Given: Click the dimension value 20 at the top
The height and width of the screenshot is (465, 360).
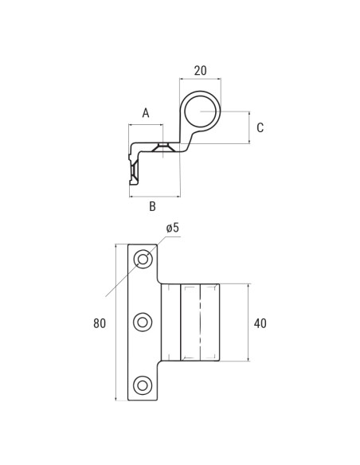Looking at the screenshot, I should click(x=200, y=71).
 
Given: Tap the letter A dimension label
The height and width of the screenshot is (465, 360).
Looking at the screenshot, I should click(x=146, y=113).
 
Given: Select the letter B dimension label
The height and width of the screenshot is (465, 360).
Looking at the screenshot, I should click(x=152, y=207).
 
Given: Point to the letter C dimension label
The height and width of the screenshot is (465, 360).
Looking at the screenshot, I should click(x=260, y=127).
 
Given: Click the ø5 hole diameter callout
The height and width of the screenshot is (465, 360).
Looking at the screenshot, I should click(x=173, y=229).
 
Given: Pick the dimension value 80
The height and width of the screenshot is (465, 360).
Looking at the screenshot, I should click(x=100, y=323).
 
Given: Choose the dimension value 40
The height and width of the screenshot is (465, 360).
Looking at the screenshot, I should click(x=260, y=323).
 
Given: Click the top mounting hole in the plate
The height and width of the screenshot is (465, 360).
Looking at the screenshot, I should click(x=143, y=259).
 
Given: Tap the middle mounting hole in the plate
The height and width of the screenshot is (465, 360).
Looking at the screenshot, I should click(x=143, y=322).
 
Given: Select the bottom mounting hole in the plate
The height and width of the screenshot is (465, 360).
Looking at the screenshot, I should click(x=143, y=385).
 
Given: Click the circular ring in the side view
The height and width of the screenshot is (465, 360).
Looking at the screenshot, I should click(x=200, y=111).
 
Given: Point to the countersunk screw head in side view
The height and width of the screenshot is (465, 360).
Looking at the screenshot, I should click(x=163, y=147).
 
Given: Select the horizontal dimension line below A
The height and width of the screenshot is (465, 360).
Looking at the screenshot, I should click(x=146, y=125).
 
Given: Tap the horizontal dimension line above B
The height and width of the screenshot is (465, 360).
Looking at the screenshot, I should click(x=155, y=196).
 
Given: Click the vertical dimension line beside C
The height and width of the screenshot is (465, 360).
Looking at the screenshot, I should click(x=248, y=127).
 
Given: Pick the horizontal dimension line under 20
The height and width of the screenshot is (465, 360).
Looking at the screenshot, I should click(x=200, y=79).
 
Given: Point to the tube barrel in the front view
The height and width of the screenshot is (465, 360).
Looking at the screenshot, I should click(x=200, y=322).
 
